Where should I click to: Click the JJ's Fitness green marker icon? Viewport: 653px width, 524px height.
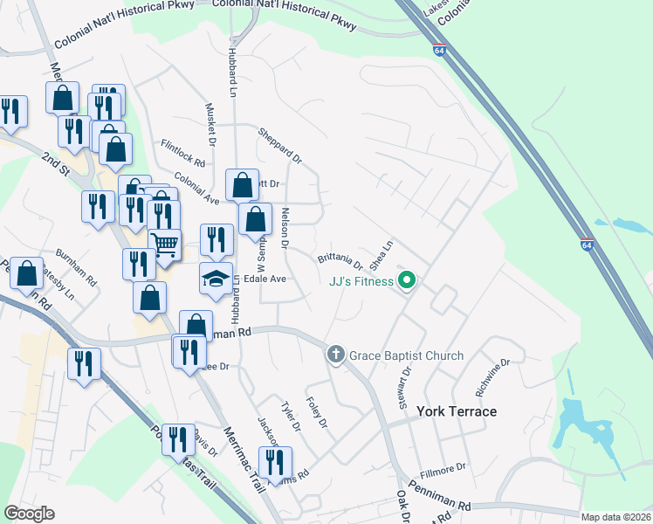406,281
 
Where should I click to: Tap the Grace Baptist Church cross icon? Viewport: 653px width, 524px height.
335,355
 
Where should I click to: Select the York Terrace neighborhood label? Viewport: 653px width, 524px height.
457,411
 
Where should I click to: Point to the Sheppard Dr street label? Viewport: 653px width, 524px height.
279,146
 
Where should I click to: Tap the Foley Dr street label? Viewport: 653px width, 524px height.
316,411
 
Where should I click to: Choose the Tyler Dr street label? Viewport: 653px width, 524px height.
292,416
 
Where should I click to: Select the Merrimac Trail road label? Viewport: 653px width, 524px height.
244,455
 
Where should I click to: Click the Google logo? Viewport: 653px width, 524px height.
30,513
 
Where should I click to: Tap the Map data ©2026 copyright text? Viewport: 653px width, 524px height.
615,517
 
